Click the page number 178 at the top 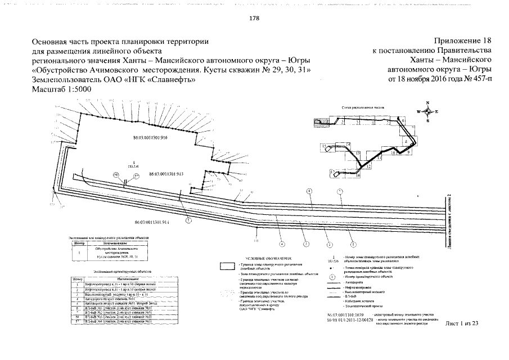coord(254,19)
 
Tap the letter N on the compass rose coord(427,102)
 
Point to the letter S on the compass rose coord(427,121)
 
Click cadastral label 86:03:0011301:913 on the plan coord(166,174)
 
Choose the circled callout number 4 coord(282,244)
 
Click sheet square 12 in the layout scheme coord(368,166)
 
